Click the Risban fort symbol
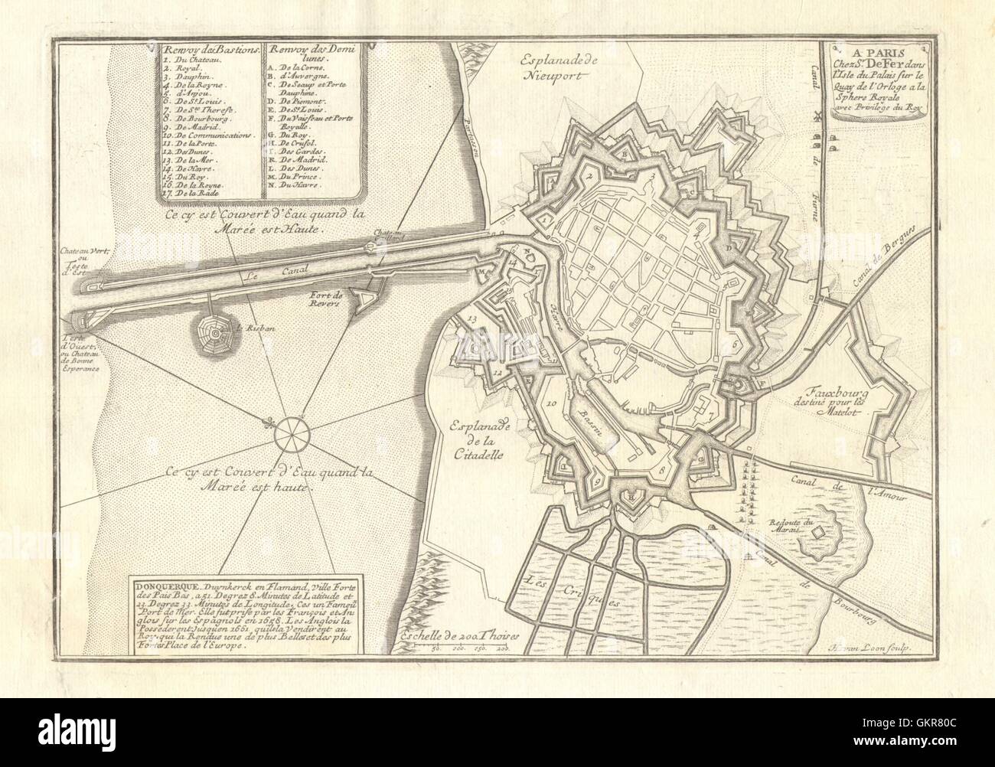click(217, 335)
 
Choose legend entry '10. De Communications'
click(195, 134)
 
